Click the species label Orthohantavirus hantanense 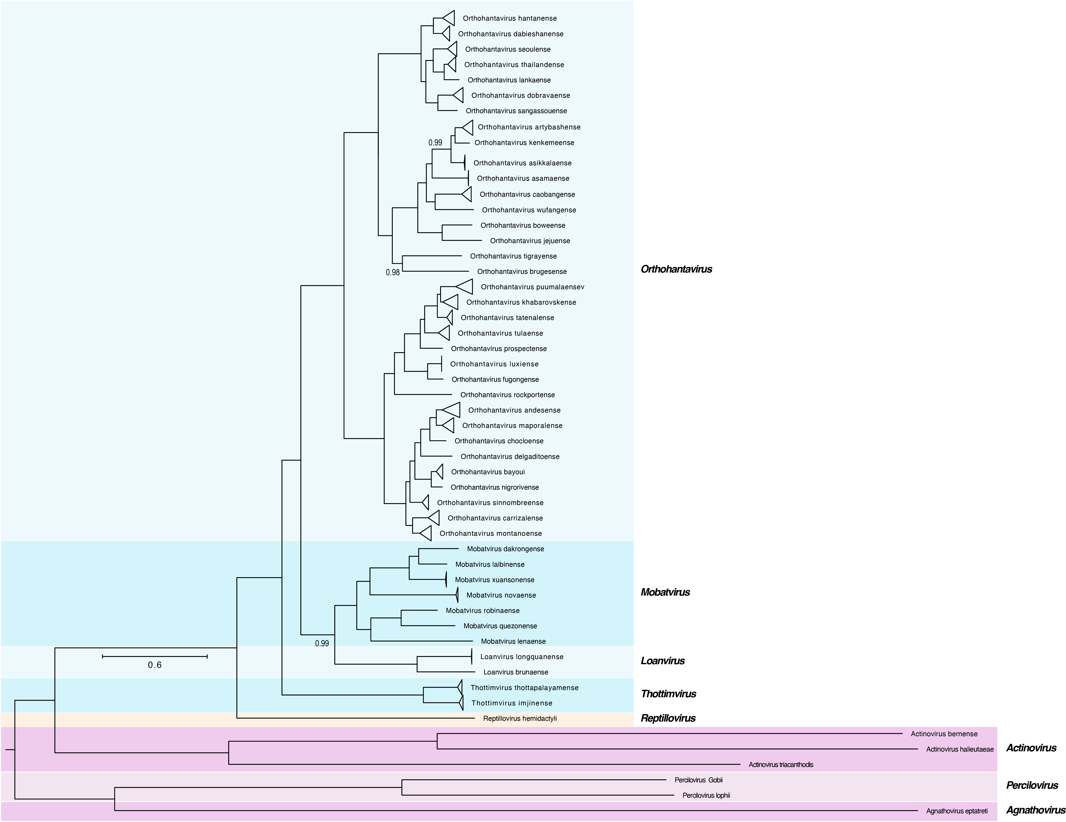(510, 19)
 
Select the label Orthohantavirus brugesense (522, 271)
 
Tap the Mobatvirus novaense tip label (501, 595)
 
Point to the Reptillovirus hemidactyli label (520, 718)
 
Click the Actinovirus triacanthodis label (781, 764)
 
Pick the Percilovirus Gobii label (698, 780)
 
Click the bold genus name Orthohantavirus (676, 269)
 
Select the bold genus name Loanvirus (662, 661)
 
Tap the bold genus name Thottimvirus (668, 694)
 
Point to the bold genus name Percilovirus (1032, 785)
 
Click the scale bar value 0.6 (155, 665)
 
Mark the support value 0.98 (392, 272)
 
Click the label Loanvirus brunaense (515, 672)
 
